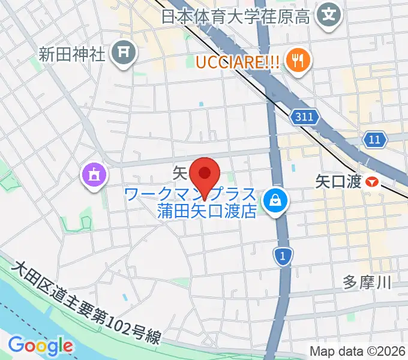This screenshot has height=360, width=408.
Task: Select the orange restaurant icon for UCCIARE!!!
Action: (296, 59)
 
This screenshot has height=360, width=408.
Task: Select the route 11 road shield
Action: (374, 140)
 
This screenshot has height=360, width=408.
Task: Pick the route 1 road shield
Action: (282, 256)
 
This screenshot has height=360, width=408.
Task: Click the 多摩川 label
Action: (367, 282)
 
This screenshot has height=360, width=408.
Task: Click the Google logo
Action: (40, 346)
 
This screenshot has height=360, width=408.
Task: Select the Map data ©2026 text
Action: (358, 350)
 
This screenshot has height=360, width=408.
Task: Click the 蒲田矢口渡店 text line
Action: (208, 211)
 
